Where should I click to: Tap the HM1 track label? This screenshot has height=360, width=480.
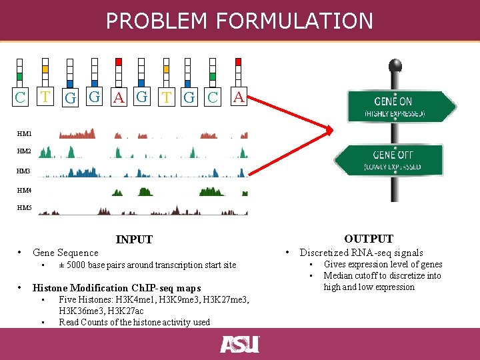coord(24,135)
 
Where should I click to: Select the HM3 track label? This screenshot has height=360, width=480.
coord(24,171)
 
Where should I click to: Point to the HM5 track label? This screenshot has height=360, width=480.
coord(24,208)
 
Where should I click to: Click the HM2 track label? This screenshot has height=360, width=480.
coord(24,152)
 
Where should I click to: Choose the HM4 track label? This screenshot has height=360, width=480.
coord(24,191)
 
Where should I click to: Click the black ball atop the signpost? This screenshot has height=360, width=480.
coord(395,65)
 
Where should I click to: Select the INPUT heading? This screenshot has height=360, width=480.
coord(134,239)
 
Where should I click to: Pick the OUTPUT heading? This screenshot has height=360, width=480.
coord(369,239)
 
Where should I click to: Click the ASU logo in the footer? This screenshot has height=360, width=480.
coord(239,345)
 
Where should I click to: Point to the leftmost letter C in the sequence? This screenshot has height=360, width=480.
coord(21,97)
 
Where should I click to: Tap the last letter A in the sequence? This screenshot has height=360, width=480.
coord(238,97)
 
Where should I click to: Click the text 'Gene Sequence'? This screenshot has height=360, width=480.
coord(65,253)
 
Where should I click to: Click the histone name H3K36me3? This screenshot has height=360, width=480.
coord(79,311)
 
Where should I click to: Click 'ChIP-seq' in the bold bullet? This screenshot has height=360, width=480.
coord(155,289)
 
